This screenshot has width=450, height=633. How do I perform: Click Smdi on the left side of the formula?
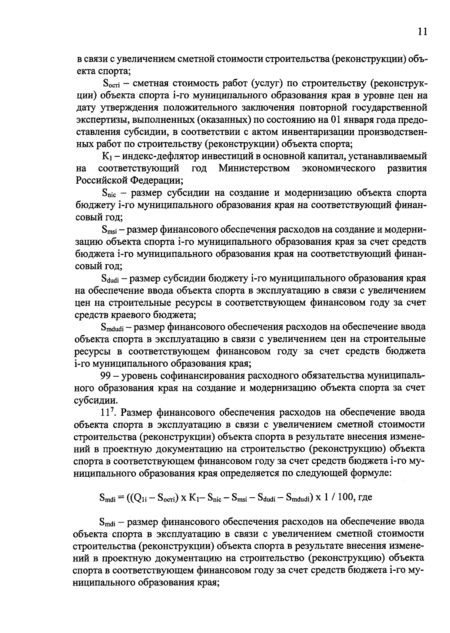pyautogui.click(x=108, y=498)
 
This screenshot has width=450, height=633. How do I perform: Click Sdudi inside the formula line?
pyautogui.click(x=265, y=498)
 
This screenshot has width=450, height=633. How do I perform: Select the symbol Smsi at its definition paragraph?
pyautogui.click(x=110, y=230)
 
